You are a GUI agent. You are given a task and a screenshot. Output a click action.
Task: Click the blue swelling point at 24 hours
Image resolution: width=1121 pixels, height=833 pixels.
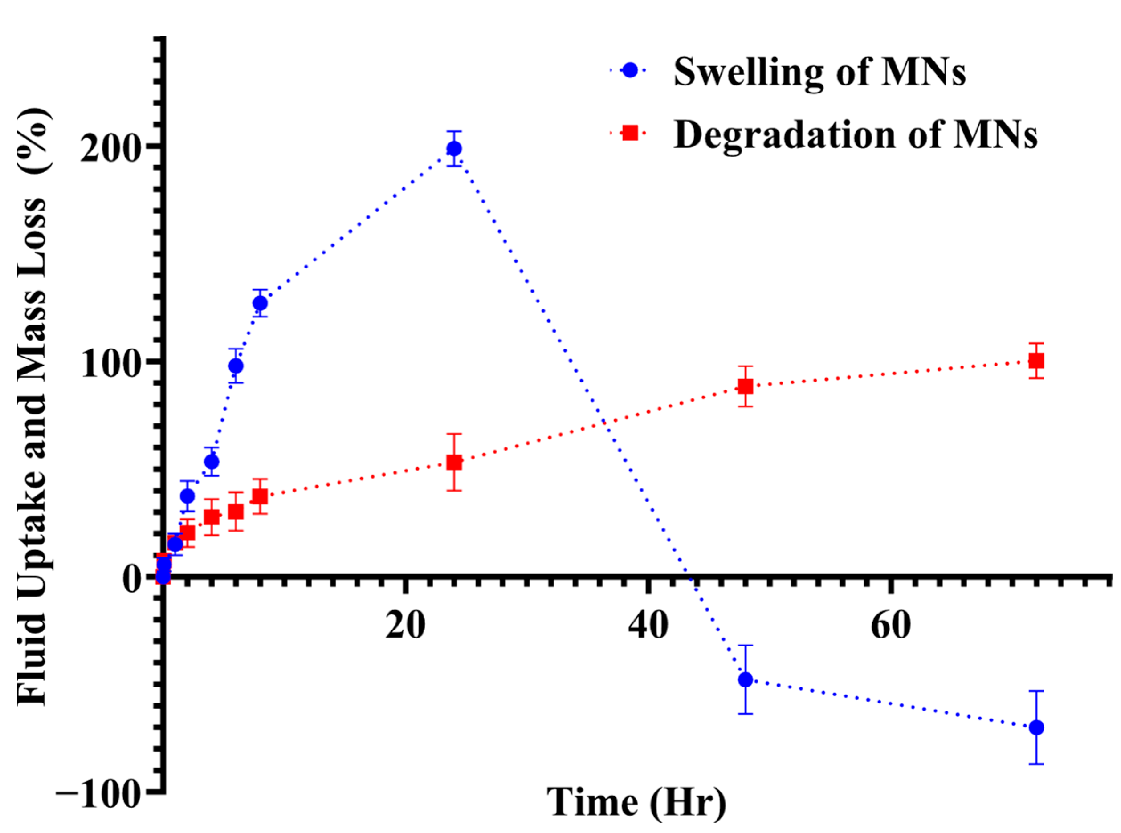(x=454, y=149)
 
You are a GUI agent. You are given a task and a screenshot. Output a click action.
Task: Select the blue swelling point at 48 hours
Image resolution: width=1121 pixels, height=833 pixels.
(x=745, y=680)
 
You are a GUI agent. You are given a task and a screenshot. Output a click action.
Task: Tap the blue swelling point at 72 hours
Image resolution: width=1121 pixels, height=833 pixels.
(x=1036, y=727)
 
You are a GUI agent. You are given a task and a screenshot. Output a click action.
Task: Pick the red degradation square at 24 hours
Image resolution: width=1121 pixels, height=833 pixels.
(x=454, y=463)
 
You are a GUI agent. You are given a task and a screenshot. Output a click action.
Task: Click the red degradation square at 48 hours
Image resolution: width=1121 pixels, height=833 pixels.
(x=745, y=387)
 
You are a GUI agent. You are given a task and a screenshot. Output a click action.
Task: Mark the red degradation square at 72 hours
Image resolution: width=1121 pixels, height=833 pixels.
(x=1036, y=361)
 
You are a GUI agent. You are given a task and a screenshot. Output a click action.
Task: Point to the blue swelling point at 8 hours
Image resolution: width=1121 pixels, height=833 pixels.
(x=260, y=304)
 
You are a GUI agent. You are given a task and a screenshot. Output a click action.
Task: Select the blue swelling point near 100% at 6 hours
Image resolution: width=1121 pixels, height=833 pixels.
(x=236, y=366)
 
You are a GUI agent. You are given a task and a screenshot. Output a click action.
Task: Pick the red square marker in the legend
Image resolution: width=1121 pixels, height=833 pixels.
(x=630, y=133)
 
